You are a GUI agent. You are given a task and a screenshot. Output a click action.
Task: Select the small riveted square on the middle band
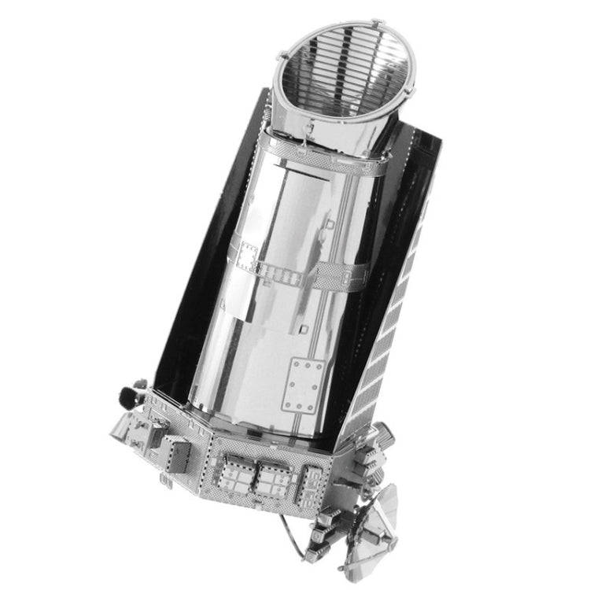[248, 256]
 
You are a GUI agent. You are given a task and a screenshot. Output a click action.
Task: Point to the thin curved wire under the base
[311, 543]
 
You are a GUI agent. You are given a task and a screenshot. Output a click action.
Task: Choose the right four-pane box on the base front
[273, 478]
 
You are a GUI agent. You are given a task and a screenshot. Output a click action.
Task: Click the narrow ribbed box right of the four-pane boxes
[312, 480]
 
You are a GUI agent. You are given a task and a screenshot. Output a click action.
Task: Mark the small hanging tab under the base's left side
[168, 481]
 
